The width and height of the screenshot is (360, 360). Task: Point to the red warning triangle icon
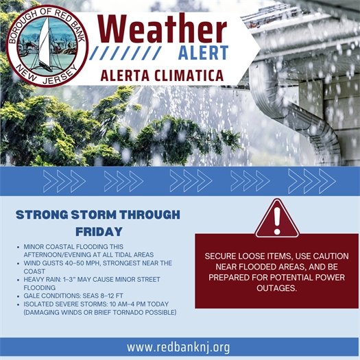pyautogui.click(x=276, y=218)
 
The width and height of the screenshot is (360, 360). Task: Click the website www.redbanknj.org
pyautogui.click(x=178, y=347)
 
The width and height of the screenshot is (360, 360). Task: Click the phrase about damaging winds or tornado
pyautogui.click(x=100, y=313)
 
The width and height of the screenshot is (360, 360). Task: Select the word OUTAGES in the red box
pyautogui.click(x=277, y=289)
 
